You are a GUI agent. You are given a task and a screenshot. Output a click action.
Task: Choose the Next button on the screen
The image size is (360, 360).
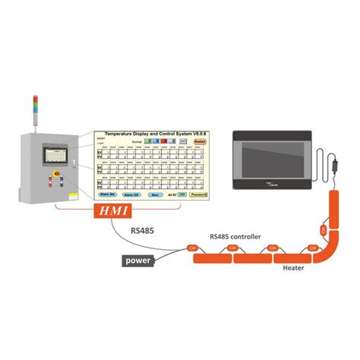(154, 194)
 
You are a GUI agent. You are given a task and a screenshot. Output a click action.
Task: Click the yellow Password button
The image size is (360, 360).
(197, 194)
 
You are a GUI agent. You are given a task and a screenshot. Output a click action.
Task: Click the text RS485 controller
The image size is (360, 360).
(235, 237)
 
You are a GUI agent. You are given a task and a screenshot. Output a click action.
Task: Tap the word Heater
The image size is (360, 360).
(294, 267)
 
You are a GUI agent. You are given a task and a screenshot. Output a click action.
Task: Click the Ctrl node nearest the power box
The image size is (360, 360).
(191, 248)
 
